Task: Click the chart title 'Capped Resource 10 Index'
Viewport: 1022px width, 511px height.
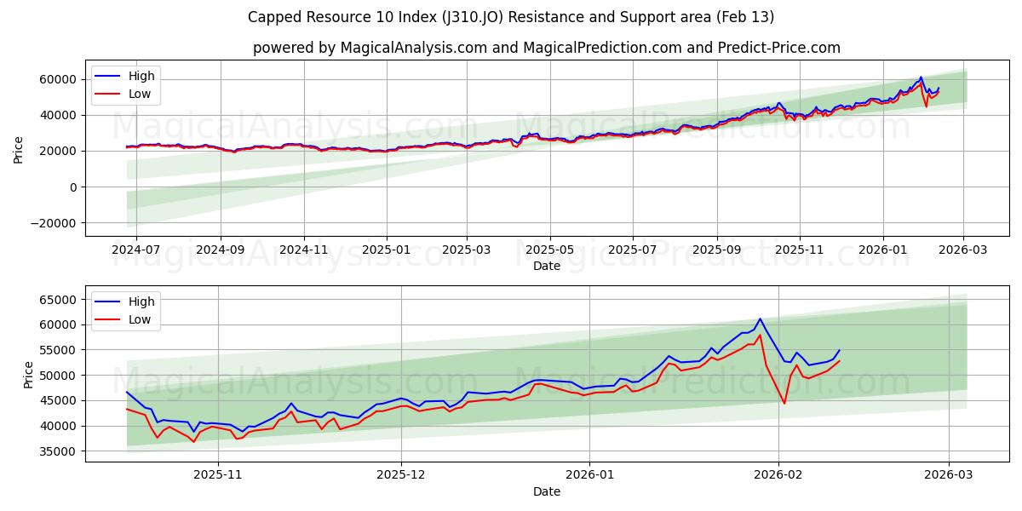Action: click(511, 17)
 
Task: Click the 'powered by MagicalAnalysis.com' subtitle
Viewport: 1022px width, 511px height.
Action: click(546, 48)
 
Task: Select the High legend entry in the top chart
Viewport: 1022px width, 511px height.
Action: click(141, 76)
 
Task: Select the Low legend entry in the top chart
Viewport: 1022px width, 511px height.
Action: click(140, 94)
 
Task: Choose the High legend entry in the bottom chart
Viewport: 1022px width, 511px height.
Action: click(141, 301)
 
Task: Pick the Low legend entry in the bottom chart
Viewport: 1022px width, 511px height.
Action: click(140, 319)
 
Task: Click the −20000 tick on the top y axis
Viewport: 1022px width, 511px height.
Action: click(53, 222)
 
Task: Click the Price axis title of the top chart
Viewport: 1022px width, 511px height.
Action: click(19, 150)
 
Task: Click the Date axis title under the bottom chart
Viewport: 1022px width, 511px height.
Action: click(546, 492)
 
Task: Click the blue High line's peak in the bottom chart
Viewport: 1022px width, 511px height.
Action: click(760, 319)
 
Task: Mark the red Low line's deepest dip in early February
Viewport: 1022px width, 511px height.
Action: click(784, 403)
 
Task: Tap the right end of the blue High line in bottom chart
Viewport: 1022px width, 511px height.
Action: click(839, 350)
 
